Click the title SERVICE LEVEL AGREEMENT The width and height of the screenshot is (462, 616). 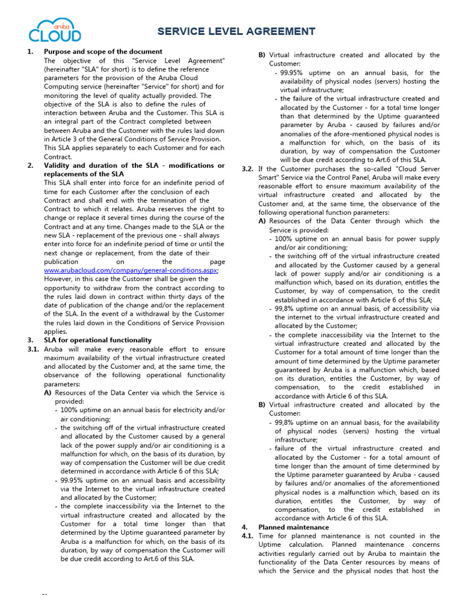pyautogui.click(x=236, y=31)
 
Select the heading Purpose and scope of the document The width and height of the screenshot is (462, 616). pyautogui.click(x=103, y=52)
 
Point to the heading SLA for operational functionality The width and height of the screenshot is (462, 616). pyautogui.click(x=97, y=340)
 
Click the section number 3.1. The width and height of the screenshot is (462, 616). pyautogui.click(x=34, y=349)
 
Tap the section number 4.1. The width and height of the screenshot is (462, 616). pyautogui.click(x=248, y=535)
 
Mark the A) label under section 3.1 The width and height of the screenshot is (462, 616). pyautogui.click(x=48, y=392)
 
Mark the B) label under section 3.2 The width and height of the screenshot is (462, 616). pyautogui.click(x=262, y=405)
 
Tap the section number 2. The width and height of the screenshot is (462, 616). pyautogui.click(x=30, y=165)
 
